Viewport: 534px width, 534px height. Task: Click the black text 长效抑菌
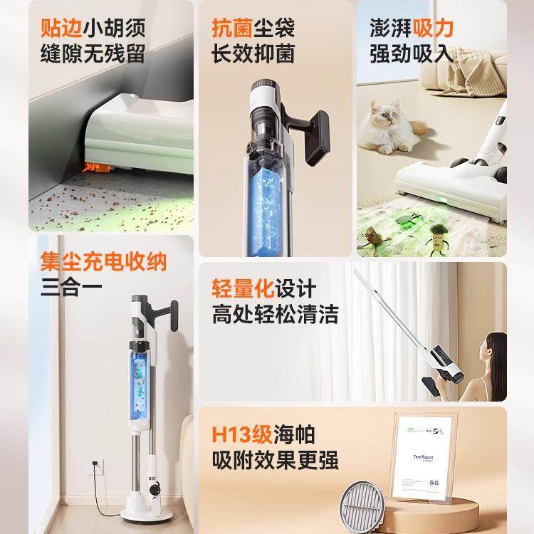(252, 54)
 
